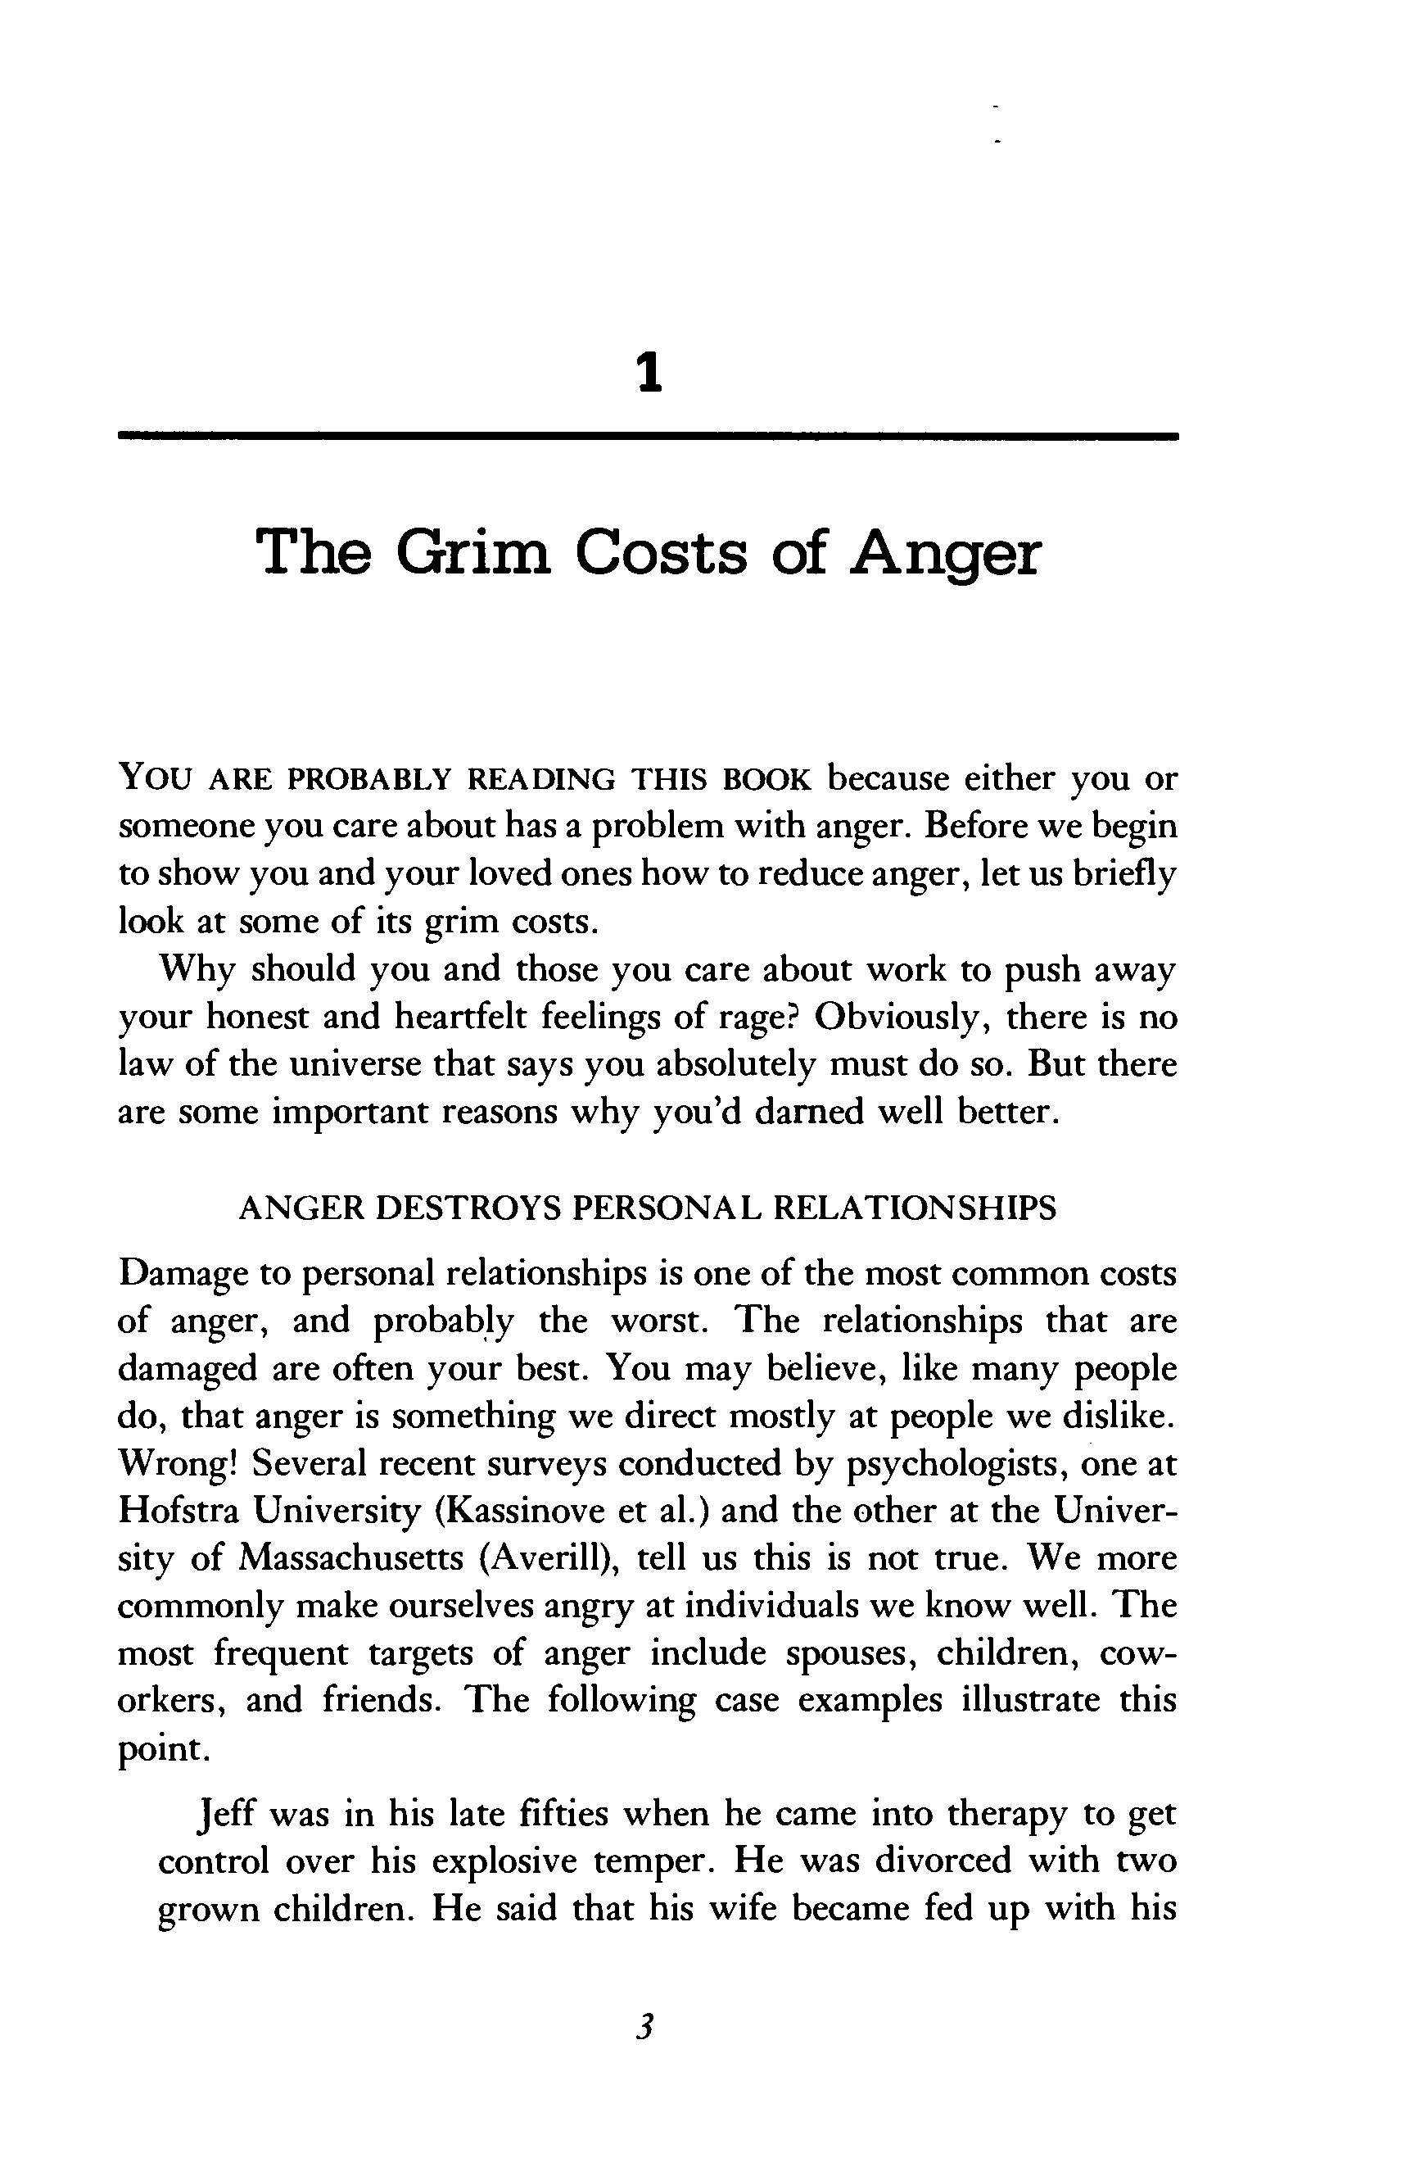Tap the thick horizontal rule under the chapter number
pos(648,436)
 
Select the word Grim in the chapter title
pos(473,553)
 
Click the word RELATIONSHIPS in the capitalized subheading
pos(914,1208)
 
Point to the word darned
pos(809,1112)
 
